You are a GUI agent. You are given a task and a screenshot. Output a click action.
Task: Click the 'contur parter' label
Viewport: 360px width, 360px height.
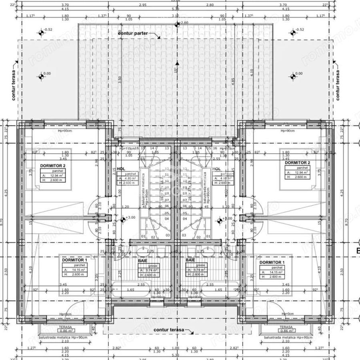pyautogui.click(x=133, y=33)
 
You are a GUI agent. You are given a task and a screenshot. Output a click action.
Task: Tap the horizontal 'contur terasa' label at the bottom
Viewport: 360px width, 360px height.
pyautogui.click(x=168, y=330)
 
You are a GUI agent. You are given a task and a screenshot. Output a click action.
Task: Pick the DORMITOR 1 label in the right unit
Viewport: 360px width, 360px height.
pyautogui.click(x=272, y=262)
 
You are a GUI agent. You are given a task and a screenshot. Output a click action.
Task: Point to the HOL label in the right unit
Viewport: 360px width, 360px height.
pyautogui.click(x=217, y=169)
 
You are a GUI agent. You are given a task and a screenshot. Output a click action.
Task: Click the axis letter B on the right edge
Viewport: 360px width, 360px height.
pyautogui.click(x=357, y=251)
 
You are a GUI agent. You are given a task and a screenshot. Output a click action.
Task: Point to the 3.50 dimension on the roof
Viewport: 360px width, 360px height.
pyautogui.click(x=120, y=79)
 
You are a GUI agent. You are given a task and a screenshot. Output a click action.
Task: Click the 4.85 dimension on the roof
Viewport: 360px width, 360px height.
pyautogui.click(x=233, y=79)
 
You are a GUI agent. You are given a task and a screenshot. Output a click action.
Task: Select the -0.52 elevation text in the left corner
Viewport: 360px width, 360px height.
pyautogui.click(x=48, y=30)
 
